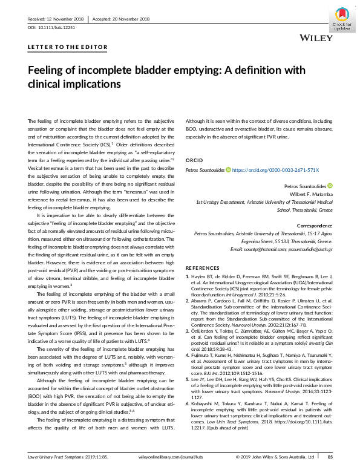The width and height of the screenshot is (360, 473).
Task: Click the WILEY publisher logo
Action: click(x=316, y=38)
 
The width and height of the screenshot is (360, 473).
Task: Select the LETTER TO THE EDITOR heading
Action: click(x=68, y=47)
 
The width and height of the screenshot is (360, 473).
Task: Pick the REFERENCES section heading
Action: click(x=203, y=267)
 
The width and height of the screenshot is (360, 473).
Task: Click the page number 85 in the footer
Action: click(x=330, y=457)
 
